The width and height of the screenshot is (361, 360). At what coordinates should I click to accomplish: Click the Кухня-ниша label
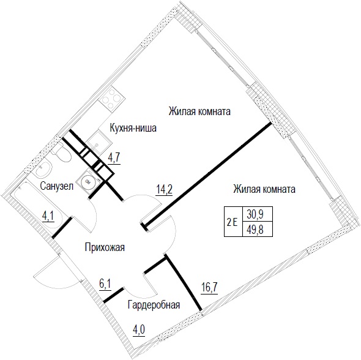coord(133,128)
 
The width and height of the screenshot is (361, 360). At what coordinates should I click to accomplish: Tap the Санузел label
coord(57,186)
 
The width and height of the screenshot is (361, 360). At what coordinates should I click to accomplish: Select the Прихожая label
coord(105,247)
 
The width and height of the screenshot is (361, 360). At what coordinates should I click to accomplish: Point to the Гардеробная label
coord(154,305)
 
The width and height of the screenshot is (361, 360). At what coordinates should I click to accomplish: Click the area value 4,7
coord(114,159)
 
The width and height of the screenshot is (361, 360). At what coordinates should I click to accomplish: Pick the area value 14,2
coord(164,190)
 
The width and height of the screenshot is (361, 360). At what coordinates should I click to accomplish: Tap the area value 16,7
coord(209,288)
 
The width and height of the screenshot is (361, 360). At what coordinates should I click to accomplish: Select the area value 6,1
coord(105,284)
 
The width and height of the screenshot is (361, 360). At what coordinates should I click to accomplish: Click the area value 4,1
coord(48,216)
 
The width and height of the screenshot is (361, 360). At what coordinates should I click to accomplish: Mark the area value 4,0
coord(139,331)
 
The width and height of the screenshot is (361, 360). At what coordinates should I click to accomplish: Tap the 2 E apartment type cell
coord(233,222)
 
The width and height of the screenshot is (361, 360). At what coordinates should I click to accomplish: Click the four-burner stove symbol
coord(111,99)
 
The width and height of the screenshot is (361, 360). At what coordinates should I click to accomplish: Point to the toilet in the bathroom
coord(61,152)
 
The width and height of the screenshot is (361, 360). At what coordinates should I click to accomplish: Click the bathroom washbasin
coord(43,169)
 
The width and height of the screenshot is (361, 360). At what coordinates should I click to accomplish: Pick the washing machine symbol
coord(88,181)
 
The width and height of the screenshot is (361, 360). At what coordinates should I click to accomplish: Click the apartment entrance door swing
coord(56,271)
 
